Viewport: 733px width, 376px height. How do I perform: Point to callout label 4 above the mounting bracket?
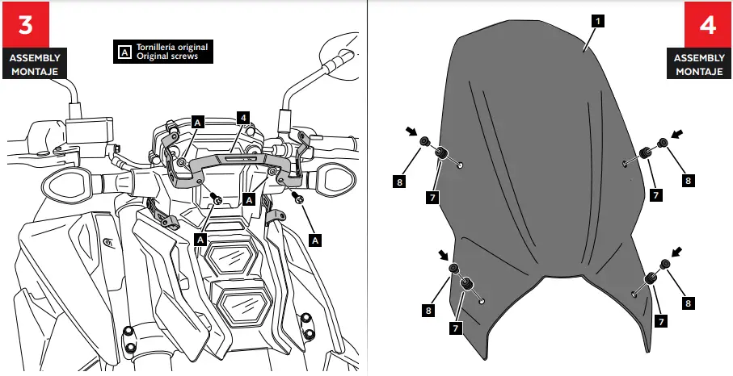tap(242, 117)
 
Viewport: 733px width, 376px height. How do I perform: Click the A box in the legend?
tap(124, 52)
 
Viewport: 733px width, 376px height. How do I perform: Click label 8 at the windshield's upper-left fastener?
tap(400, 182)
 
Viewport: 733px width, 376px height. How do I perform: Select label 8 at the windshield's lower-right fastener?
tap(688, 303)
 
